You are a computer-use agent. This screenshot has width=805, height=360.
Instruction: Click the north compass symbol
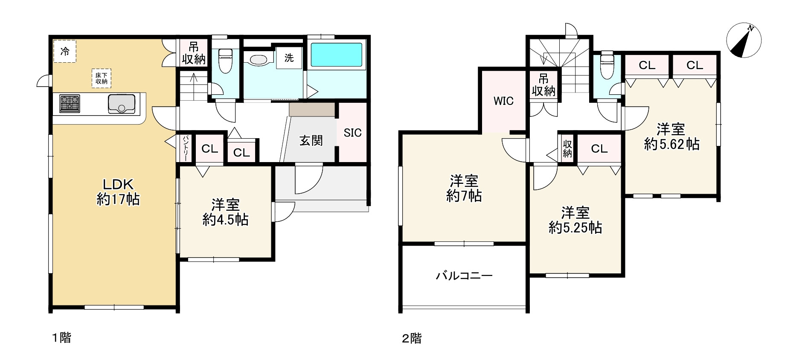pos(744,41)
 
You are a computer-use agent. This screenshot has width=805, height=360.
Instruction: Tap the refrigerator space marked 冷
pos(65,52)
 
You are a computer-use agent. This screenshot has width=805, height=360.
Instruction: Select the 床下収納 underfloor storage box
pos(101,78)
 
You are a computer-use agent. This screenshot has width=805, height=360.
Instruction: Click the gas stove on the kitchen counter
pos(70,104)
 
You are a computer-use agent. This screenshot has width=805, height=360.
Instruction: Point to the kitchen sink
pos(122,104)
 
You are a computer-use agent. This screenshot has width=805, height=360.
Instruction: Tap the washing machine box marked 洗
pos(289,58)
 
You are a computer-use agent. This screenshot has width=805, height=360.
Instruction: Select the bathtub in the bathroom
pos(337,55)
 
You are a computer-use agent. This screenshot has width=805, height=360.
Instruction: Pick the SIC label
pos(352,133)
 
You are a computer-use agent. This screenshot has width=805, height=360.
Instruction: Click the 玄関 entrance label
pos(311,140)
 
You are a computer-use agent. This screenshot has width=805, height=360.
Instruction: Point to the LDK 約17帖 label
pos(118,192)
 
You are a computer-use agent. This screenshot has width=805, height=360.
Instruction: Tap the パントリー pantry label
pos(186,148)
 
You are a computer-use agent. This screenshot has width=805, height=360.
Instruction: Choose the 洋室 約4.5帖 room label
pos(225,212)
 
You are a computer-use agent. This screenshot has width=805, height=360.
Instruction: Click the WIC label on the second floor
pos(503,101)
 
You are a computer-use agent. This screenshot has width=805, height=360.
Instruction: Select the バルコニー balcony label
pos(464,276)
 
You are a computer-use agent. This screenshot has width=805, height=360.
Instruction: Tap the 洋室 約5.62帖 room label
pos(671,136)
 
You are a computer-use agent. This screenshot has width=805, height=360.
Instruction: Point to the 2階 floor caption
pos(412,339)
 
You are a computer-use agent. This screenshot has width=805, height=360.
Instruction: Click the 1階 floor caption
pos(61,338)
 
